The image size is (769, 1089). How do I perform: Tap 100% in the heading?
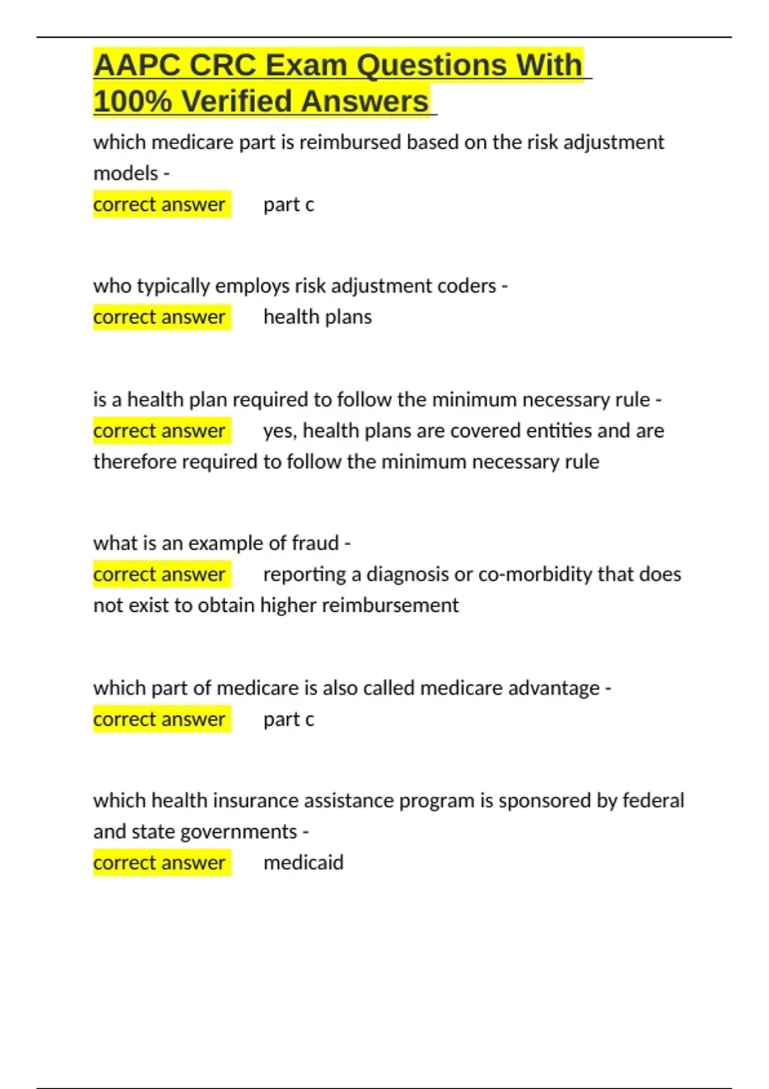pos(132,101)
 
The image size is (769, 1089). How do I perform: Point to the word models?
pos(126,173)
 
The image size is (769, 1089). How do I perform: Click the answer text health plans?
pos(317,317)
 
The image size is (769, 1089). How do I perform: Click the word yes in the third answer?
pos(279,431)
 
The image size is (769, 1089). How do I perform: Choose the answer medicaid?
pos(303,863)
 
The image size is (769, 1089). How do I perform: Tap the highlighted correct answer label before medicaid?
pos(160,863)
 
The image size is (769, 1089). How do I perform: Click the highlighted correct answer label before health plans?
pos(160,317)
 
